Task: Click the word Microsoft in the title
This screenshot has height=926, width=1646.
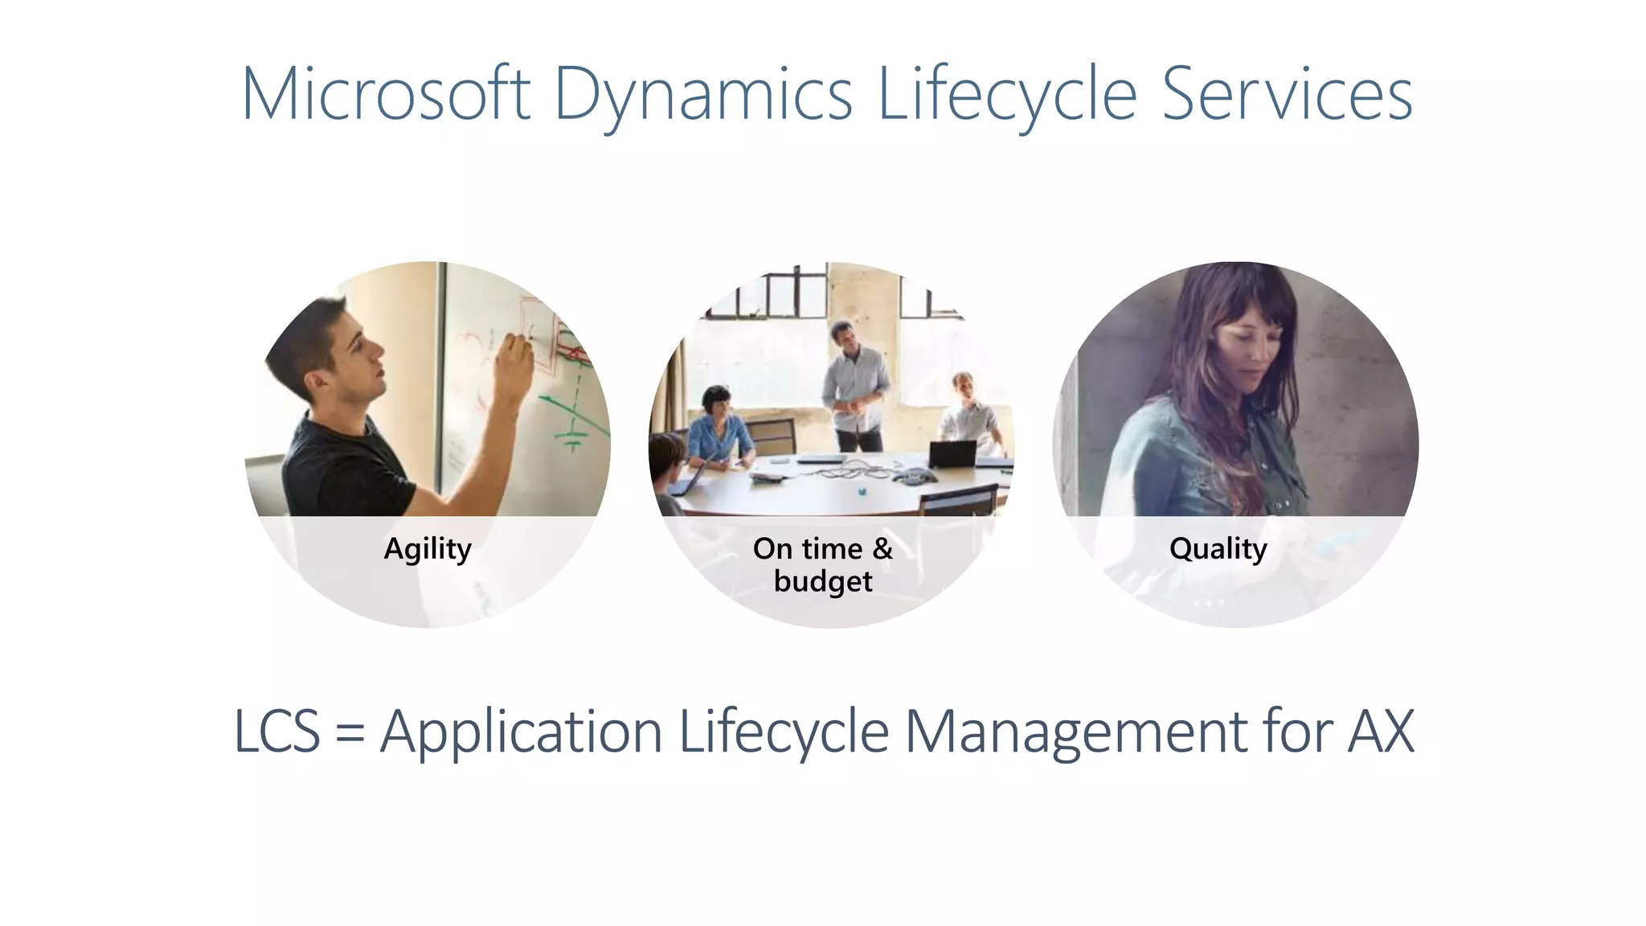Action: (x=386, y=95)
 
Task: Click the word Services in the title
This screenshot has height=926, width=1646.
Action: (x=1287, y=95)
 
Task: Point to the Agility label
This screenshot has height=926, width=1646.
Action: (x=428, y=549)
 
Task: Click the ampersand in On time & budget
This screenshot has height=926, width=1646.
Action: (x=882, y=548)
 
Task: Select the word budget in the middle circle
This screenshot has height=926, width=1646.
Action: (x=823, y=581)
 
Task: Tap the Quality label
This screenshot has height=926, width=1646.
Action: (x=1218, y=549)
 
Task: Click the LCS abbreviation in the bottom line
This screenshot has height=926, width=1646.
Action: (x=277, y=731)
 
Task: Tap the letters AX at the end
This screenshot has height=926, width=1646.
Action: (x=1380, y=731)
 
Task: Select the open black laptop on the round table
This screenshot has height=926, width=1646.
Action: (x=952, y=454)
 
